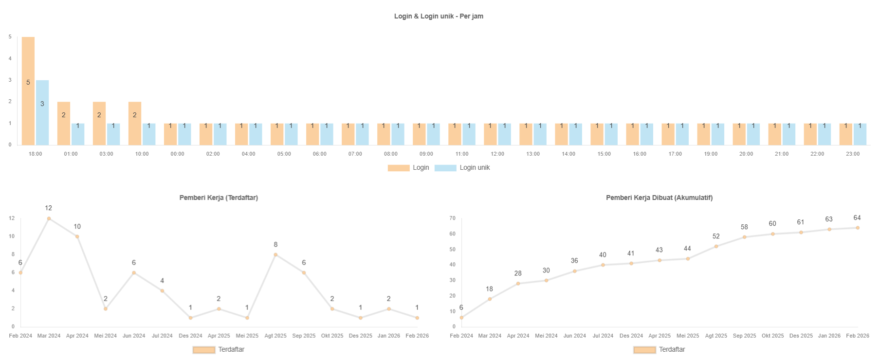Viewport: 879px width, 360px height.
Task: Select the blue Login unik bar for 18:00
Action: click(42, 112)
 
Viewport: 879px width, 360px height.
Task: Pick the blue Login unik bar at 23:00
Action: click(860, 134)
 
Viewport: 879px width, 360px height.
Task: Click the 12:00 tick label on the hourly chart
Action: click(497, 154)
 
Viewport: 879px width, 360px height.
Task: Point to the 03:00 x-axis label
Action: click(106, 154)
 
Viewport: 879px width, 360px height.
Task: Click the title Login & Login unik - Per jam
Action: click(439, 16)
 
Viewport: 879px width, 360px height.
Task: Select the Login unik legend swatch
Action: click(445, 168)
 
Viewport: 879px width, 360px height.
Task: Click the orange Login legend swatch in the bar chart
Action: click(399, 168)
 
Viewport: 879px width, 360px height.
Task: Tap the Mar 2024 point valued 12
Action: click(49, 218)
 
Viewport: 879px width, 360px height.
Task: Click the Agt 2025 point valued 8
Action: click(275, 254)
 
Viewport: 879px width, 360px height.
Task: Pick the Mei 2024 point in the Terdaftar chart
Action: click(106, 308)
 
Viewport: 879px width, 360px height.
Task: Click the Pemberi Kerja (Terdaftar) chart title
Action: click(219, 198)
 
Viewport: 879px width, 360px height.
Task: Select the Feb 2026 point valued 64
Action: click(858, 228)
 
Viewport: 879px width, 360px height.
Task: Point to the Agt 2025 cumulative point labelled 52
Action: click(716, 246)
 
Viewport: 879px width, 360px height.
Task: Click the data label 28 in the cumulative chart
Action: click(518, 273)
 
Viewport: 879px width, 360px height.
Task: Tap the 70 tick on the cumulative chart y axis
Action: click(453, 218)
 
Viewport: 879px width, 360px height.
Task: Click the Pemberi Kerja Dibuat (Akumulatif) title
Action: click(659, 198)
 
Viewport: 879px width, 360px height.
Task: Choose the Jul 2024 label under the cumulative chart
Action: click(603, 336)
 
